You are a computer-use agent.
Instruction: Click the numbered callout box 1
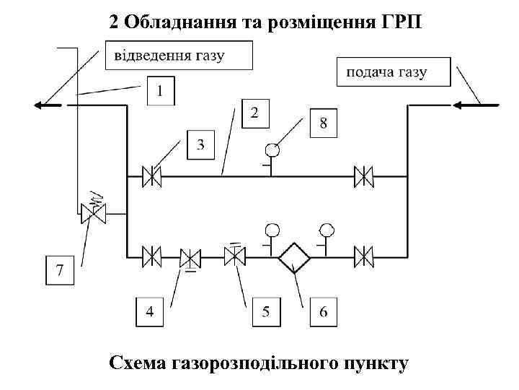[x=160, y=91]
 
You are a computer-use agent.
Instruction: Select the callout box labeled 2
[x=255, y=113]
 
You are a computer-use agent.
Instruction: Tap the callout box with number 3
[x=200, y=145]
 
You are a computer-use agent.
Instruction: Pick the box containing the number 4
[x=150, y=311]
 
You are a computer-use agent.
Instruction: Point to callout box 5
[x=266, y=311]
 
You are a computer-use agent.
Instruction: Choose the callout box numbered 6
[x=324, y=311]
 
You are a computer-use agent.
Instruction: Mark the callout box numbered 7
[x=59, y=271]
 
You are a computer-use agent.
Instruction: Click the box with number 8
[x=324, y=123]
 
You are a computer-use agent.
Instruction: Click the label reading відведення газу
[x=179, y=55]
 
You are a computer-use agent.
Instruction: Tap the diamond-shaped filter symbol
[x=295, y=256]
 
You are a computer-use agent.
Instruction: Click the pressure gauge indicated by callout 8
[x=272, y=152]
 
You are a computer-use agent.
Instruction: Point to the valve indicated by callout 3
[x=151, y=176]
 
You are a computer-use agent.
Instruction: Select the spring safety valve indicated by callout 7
[x=92, y=212]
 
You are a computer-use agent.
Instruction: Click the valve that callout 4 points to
[x=190, y=256]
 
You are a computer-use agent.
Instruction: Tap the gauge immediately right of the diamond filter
[x=327, y=231]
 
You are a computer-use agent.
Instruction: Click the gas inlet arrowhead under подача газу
[x=461, y=105]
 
